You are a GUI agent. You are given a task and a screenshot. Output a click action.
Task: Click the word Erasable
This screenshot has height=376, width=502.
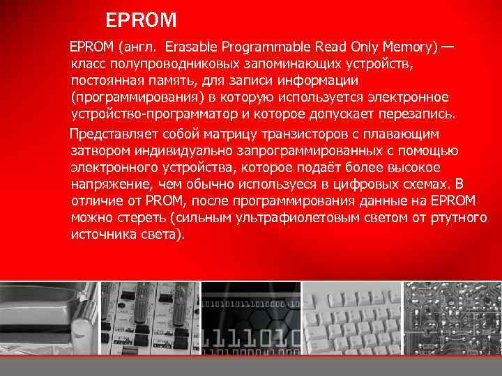(190, 48)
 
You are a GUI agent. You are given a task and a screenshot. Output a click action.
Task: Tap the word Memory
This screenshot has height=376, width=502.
(408, 48)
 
